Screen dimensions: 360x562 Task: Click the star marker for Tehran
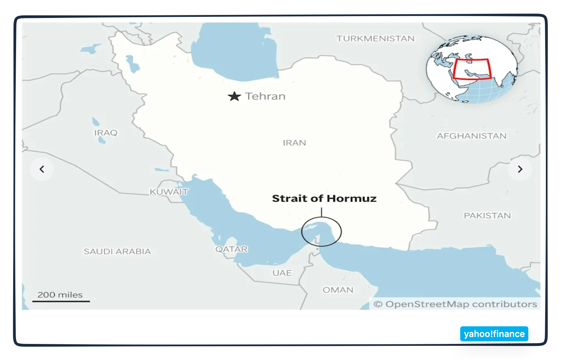pyautogui.click(x=234, y=97)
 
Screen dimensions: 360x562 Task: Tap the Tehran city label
pyautogui.click(x=265, y=96)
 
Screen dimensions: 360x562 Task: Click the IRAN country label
pyautogui.click(x=294, y=143)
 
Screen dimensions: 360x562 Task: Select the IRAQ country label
pyautogui.click(x=106, y=133)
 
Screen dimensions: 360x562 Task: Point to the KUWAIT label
pyautogui.click(x=169, y=192)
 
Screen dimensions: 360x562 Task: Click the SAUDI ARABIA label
pyautogui.click(x=117, y=251)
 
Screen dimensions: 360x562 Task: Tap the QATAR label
pyautogui.click(x=231, y=249)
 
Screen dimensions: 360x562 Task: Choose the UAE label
pyautogui.click(x=282, y=273)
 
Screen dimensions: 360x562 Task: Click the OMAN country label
pyautogui.click(x=338, y=290)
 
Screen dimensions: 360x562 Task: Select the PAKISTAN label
pyautogui.click(x=487, y=216)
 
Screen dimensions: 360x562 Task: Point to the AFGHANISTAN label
pyautogui.click(x=471, y=136)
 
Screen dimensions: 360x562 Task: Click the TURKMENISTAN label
pyautogui.click(x=375, y=39)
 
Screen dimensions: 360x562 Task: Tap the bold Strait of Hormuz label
pyautogui.click(x=324, y=198)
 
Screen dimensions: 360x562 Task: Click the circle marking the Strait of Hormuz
pyautogui.click(x=321, y=232)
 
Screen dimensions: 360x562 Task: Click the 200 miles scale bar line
pyautogui.click(x=61, y=301)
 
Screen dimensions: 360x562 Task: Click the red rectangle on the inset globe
pyautogui.click(x=471, y=69)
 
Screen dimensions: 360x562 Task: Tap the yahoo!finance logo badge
pyautogui.click(x=494, y=334)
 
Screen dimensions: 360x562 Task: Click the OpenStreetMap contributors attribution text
pyautogui.click(x=455, y=304)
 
